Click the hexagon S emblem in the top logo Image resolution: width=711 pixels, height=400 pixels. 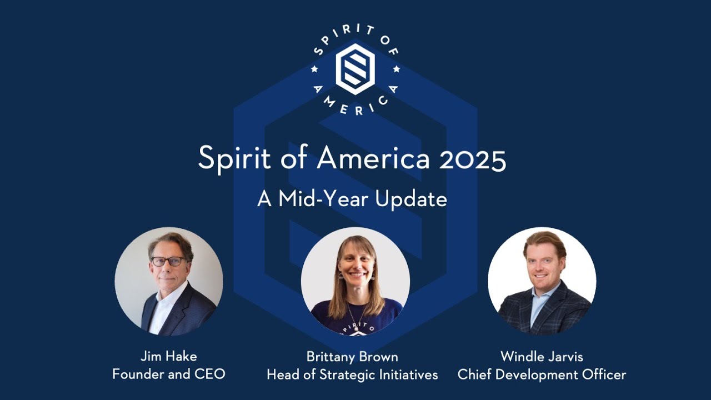[x=355, y=69]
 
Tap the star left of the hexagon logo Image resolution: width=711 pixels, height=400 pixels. [x=314, y=69]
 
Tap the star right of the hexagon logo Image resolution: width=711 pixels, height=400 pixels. [x=397, y=69]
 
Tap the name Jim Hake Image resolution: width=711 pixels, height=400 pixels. [x=169, y=356]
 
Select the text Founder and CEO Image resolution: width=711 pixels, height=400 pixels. [x=169, y=374]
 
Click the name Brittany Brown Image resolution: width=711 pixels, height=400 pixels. [x=352, y=356]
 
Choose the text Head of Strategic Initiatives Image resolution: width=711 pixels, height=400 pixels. [x=352, y=375]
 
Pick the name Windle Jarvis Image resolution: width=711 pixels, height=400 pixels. [x=542, y=356]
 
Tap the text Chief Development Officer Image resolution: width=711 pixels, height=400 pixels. [x=542, y=375]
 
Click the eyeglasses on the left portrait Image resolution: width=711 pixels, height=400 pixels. [x=167, y=261]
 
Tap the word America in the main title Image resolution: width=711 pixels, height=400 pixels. [x=373, y=159]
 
